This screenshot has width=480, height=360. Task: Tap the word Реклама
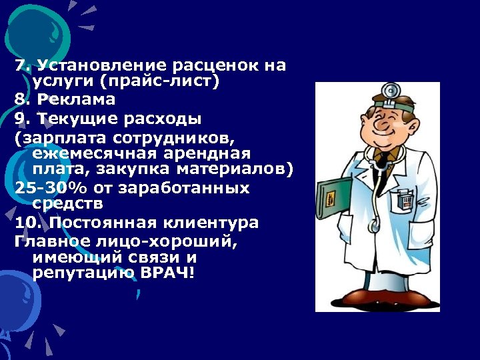(x=76, y=99)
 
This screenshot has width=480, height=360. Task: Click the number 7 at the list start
(x=20, y=65)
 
